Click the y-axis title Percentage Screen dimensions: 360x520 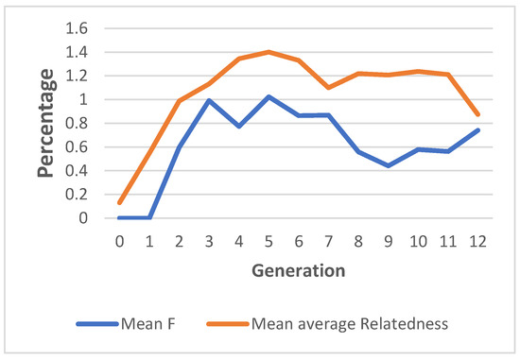click(44, 125)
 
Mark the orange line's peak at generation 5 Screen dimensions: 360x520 click(269, 52)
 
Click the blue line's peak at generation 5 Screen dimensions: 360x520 click(269, 96)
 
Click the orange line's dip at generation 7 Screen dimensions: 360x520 click(328, 87)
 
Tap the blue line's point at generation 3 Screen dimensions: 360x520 click(209, 100)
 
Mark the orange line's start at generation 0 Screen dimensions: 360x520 click(120, 202)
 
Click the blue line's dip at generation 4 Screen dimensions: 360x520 click(239, 126)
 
